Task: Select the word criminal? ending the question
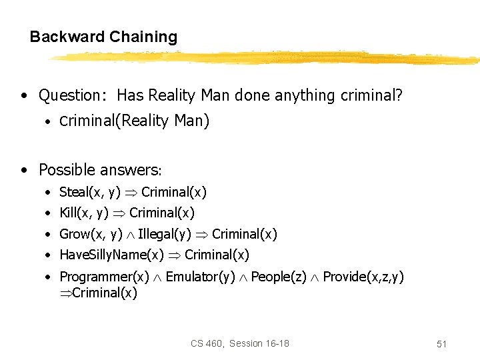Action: (371, 95)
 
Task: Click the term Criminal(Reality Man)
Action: (135, 121)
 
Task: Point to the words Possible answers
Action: (101, 169)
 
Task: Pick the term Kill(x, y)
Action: (84, 213)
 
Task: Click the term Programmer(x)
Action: (105, 277)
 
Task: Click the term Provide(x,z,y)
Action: (363, 277)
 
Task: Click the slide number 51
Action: (441, 344)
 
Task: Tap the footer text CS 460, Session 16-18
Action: (240, 343)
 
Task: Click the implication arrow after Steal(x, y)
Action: (133, 193)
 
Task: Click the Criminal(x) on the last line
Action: (104, 293)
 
